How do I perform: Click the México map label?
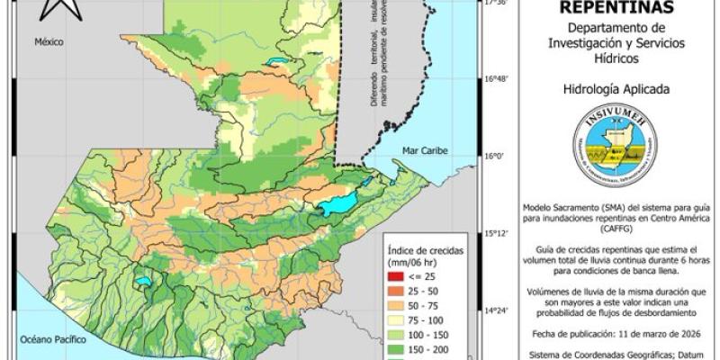51,42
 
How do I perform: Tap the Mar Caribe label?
425,150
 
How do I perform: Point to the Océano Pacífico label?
54,340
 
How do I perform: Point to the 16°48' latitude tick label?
498,79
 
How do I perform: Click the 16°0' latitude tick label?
496,157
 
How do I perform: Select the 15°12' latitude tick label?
498,234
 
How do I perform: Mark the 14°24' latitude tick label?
498,311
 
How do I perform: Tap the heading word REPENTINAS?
614,8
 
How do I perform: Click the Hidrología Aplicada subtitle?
614,89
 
